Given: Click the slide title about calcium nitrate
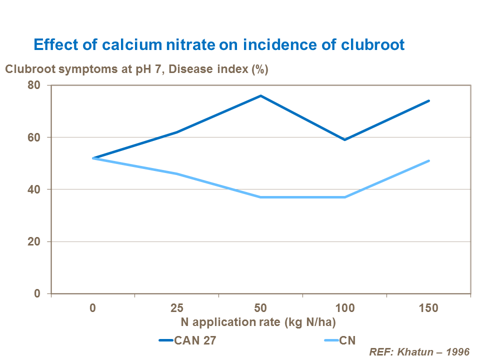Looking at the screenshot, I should (x=218, y=44).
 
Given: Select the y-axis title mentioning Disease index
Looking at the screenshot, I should (x=136, y=69).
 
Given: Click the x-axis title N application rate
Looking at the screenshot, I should (x=260, y=321).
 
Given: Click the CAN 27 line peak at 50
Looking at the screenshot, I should (x=260, y=95).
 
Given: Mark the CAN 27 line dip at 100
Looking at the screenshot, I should (x=344, y=139).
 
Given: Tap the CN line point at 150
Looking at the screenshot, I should (x=428, y=160).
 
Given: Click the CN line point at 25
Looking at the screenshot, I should (x=176, y=173).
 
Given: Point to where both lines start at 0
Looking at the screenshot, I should (x=93, y=158).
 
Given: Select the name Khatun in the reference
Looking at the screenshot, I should (x=415, y=351).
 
